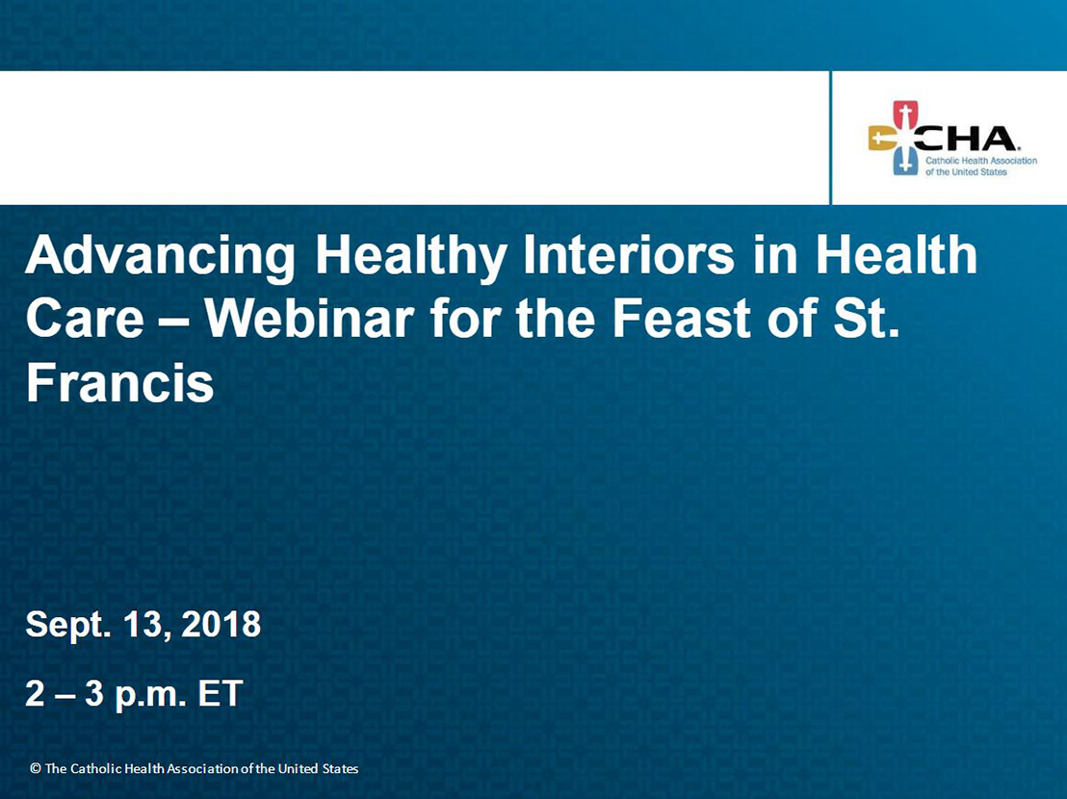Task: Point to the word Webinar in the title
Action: pyautogui.click(x=310, y=318)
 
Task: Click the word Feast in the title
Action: pyautogui.click(x=683, y=318)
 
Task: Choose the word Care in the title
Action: pyautogui.click(x=85, y=318)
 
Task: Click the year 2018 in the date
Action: pyautogui.click(x=221, y=624)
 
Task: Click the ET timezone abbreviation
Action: pyautogui.click(x=221, y=694)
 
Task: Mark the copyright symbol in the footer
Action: pyautogui.click(x=36, y=768)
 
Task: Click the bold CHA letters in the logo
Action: pyautogui.click(x=966, y=139)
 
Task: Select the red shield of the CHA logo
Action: pyautogui.click(x=905, y=115)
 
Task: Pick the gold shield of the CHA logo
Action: pyautogui.click(x=881, y=139)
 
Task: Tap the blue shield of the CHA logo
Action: pyautogui.click(x=905, y=164)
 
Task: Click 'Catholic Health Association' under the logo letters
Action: pyautogui.click(x=981, y=161)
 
